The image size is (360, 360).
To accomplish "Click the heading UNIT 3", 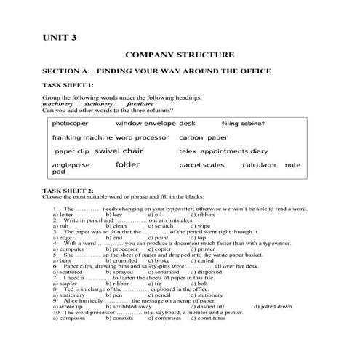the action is pyautogui.click(x=58, y=38).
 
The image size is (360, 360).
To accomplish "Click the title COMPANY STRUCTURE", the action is pyautogui.click(x=180, y=55).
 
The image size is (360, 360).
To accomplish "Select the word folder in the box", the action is pyautogui.click(x=127, y=165).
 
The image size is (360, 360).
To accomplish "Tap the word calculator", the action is pyautogui.click(x=260, y=165).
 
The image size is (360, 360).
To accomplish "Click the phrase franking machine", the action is pyautogui.click(x=82, y=137).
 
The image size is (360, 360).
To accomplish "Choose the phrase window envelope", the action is pyautogui.click(x=145, y=124).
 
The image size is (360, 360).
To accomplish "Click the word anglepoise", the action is pyautogui.click(x=70, y=165).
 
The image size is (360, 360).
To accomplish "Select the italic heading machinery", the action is pyautogui.click(x=58, y=103).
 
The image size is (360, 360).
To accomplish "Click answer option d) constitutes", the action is pyautogui.click(x=208, y=318).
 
